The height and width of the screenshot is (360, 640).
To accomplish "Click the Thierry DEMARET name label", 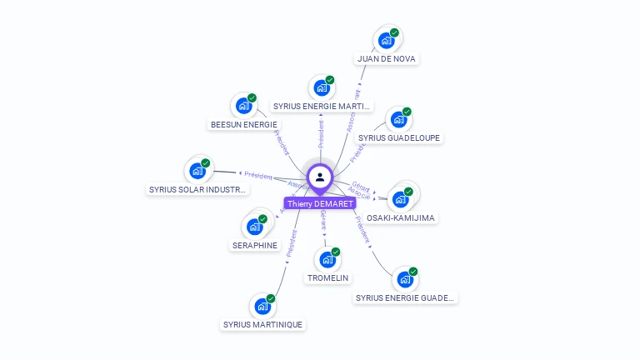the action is point(320,203).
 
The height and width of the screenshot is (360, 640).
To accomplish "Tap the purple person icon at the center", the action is point(320,177).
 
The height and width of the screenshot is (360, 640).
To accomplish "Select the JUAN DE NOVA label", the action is point(386,59).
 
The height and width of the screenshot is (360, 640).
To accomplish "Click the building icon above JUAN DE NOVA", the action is point(386,40).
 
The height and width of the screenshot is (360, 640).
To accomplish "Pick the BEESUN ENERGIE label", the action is point(243,124).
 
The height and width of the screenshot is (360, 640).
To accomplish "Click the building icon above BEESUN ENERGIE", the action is point(243,105).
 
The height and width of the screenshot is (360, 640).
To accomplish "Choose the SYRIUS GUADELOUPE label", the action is point(399,137).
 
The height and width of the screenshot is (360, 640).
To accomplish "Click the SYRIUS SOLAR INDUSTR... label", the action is point(197,189).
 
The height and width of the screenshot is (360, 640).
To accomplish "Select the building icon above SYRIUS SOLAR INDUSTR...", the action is point(197,170).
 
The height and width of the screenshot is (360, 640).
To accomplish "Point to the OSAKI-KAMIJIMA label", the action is point(401,217).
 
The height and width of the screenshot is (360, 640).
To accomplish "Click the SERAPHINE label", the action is point(254,245).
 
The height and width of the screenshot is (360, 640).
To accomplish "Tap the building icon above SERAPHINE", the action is point(254,226).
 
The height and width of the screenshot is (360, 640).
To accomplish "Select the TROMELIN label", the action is point(327,277).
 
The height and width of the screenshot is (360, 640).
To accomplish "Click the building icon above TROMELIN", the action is point(327,259).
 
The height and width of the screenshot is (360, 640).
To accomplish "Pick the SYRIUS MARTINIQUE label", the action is point(263,324).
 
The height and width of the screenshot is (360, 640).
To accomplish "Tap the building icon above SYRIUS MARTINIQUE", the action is point(262,305).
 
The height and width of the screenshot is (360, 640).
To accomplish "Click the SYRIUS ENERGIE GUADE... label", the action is point(406,297).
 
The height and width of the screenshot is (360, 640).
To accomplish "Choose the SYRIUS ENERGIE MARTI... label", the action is point(322,107).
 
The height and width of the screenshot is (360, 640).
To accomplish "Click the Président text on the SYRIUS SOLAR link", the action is point(259,174).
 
